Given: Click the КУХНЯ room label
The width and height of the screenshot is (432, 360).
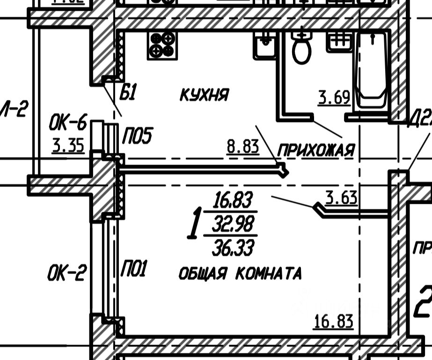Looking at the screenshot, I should (204, 95).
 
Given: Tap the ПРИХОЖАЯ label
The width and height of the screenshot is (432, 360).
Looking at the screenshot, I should (316, 151).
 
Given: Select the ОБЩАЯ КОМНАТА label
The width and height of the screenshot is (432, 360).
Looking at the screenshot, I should (240, 274).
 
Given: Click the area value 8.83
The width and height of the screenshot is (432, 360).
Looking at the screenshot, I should (243, 147).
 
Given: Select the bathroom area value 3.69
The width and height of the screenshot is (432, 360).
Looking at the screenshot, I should (334, 98).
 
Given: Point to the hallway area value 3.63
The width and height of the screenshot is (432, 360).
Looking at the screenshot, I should (341, 198).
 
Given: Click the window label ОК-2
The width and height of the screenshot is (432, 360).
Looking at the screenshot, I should (66, 273).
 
